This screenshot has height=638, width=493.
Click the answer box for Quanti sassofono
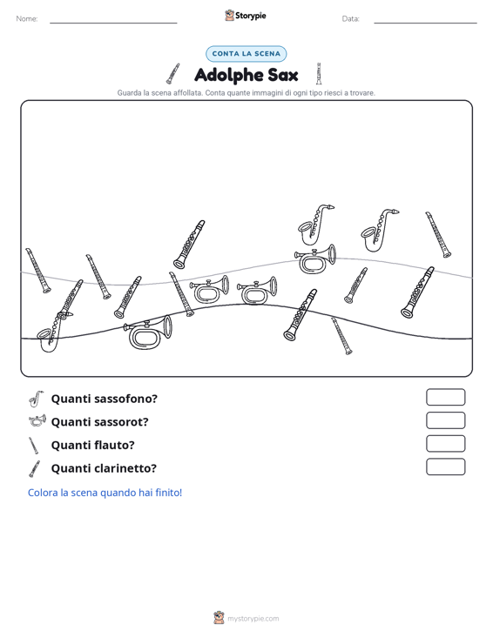pyautogui.click(x=445, y=397)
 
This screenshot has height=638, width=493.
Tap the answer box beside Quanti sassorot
pyautogui.click(x=445, y=420)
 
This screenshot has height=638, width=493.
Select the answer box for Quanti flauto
pyautogui.click(x=445, y=444)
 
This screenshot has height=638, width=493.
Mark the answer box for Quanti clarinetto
pyautogui.click(x=445, y=467)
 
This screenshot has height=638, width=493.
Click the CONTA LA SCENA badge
pyautogui.click(x=246, y=54)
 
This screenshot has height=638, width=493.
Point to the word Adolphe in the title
pyautogui.click(x=229, y=75)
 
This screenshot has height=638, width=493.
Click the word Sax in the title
pyautogui.click(x=283, y=75)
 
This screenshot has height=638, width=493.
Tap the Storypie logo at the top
pyautogui.click(x=246, y=16)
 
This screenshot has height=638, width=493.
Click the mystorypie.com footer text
pyautogui.click(x=253, y=619)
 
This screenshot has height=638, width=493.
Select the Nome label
pyautogui.click(x=27, y=19)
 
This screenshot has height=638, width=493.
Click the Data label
pyautogui.click(x=350, y=19)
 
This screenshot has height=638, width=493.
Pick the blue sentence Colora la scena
pyautogui.click(x=105, y=493)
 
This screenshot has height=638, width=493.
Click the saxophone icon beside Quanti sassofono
pyautogui.click(x=36, y=399)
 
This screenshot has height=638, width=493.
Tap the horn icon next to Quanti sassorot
pyautogui.click(x=37, y=420)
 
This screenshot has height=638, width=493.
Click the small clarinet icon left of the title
pyautogui.click(x=172, y=74)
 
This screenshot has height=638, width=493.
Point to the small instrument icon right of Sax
pyautogui.click(x=319, y=74)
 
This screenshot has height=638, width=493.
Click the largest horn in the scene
pyautogui.click(x=148, y=332)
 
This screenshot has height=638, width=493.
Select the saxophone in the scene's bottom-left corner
pyautogui.click(x=54, y=332)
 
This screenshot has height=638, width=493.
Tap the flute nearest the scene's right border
pyautogui.click(x=438, y=234)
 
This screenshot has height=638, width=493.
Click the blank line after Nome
pyautogui.click(x=113, y=23)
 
